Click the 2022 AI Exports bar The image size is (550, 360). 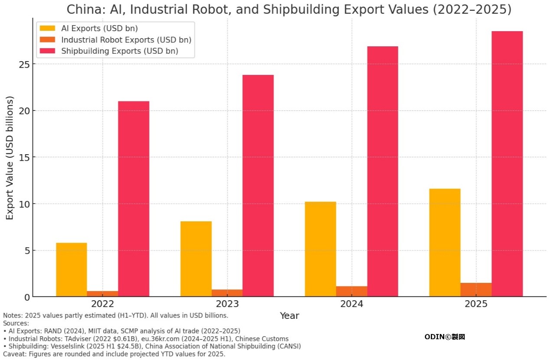(72, 269)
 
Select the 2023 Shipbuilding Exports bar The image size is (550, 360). (258, 186)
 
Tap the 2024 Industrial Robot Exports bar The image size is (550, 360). (351, 292)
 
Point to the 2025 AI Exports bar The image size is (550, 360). (445, 243)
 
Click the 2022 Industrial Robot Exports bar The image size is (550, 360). (102, 294)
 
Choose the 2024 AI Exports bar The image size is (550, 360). (320, 249)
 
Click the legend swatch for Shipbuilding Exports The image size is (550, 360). (48, 51)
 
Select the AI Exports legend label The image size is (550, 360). (99, 29)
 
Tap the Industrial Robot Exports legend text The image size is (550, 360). (126, 40)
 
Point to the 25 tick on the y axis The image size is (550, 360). (24, 64)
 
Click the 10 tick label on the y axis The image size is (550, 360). (24, 204)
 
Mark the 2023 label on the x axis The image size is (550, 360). (227, 304)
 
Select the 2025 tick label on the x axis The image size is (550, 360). (476, 304)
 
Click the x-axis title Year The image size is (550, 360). (289, 316)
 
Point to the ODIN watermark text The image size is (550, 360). (444, 337)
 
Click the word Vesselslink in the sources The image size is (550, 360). (66, 346)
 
